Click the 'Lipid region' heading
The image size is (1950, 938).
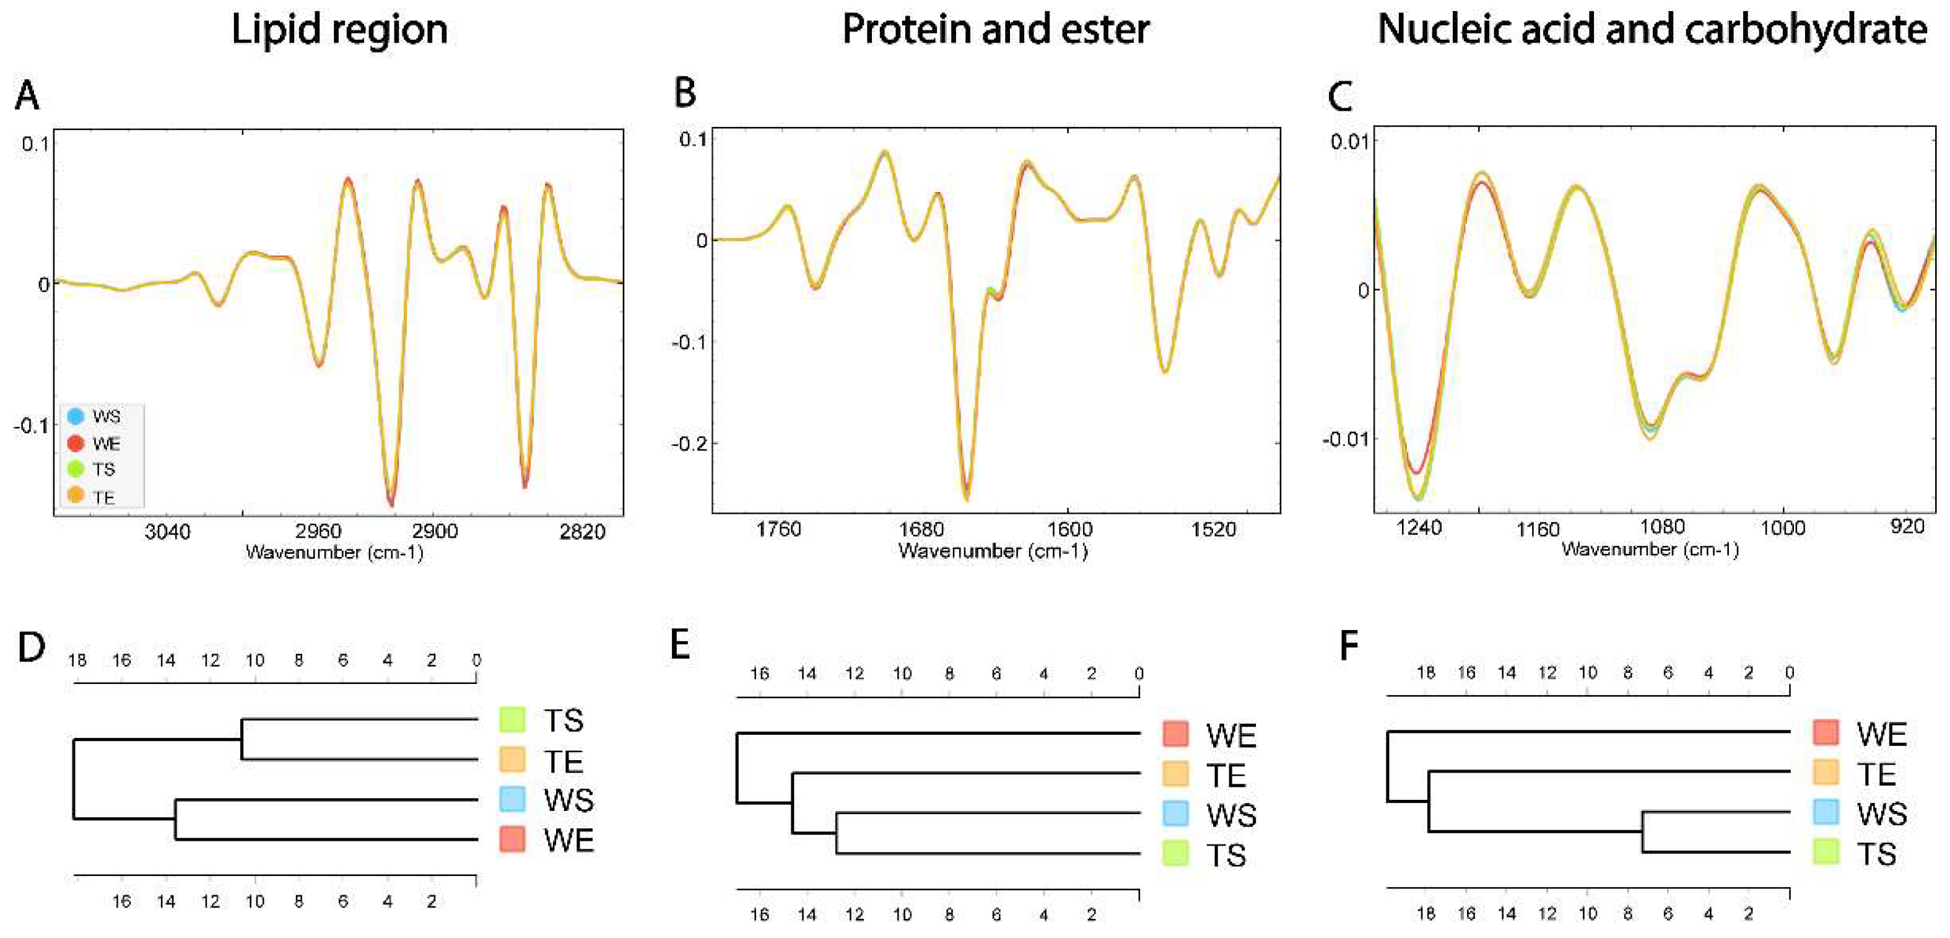tap(339, 30)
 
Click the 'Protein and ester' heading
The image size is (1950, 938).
tap(996, 30)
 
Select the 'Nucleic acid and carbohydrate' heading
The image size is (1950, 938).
tap(1652, 30)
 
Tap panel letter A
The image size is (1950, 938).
tap(27, 96)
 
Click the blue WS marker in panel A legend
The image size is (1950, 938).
tap(76, 416)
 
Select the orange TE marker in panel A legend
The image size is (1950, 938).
tap(76, 496)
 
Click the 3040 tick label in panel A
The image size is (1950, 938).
tap(168, 532)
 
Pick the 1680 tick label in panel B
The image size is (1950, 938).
tap(921, 529)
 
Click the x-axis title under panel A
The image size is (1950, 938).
tap(334, 553)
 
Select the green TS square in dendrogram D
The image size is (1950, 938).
tap(513, 719)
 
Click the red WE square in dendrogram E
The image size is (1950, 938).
tap(1175, 734)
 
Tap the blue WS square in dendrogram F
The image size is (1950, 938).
tap(1826, 813)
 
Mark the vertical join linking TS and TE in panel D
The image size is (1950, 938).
tap(242, 739)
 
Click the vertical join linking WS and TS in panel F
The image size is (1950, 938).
tap(1642, 832)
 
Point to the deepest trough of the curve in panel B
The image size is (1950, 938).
tap(967, 496)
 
